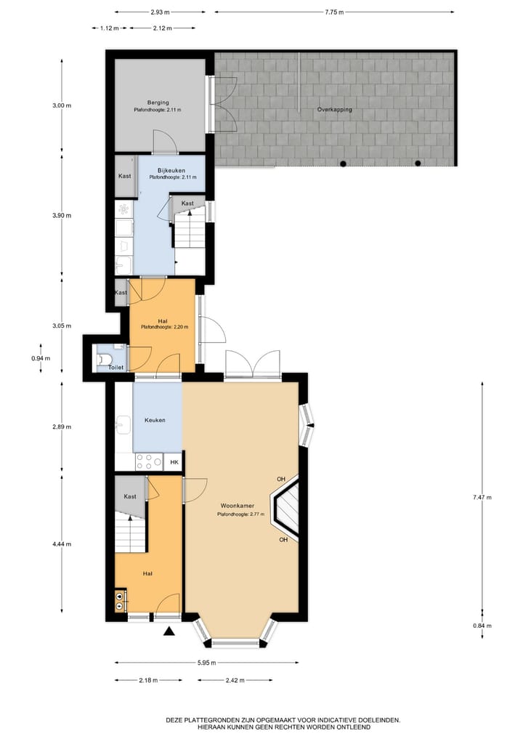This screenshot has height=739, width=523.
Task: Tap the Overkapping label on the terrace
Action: point(334,109)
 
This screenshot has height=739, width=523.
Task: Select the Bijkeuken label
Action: point(172,170)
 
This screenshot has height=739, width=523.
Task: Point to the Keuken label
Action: point(155,420)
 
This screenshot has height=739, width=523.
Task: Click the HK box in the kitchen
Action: point(174,462)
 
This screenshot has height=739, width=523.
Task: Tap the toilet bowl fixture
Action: point(104,358)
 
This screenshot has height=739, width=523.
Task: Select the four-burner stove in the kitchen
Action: point(148,461)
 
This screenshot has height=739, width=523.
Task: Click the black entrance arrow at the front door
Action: point(170,631)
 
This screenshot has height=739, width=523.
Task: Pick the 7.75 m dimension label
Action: point(334,12)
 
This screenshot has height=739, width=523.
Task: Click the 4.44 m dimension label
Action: point(62,544)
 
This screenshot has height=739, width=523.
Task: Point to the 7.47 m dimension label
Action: point(482,498)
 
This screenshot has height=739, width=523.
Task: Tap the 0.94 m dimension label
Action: point(41,358)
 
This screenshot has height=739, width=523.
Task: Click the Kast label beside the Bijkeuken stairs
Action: point(187,203)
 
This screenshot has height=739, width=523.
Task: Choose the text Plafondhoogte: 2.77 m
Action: point(240,514)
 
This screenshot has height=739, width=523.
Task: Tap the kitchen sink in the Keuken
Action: point(123,421)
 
